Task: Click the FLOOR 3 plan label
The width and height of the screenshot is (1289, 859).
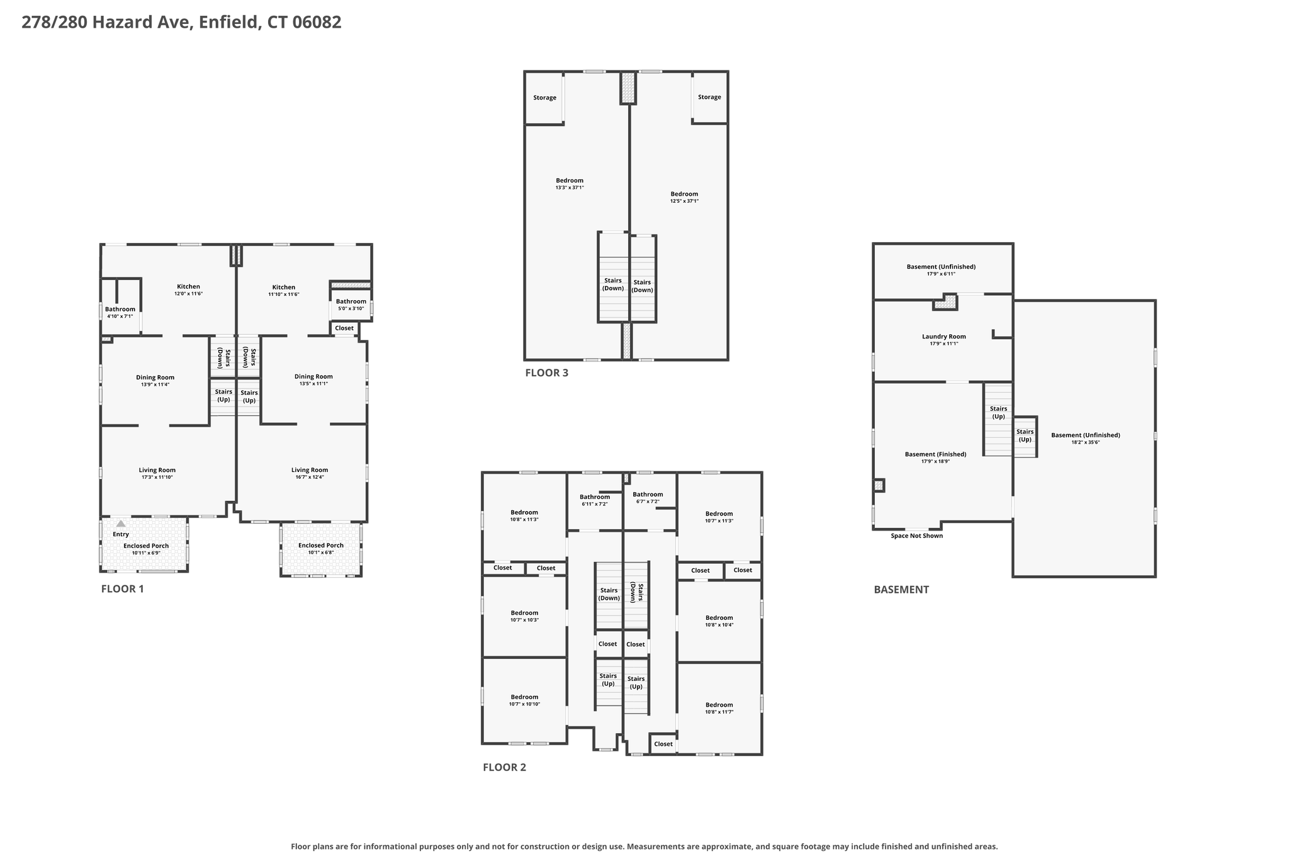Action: [x=546, y=373]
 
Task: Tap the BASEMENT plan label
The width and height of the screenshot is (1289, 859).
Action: [x=901, y=590]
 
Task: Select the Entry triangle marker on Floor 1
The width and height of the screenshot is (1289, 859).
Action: [x=121, y=523]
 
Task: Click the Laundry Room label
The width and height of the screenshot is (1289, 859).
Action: [x=943, y=337]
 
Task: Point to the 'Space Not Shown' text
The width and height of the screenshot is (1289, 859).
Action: [x=916, y=536]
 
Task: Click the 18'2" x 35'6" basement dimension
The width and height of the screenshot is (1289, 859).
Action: [x=1085, y=442]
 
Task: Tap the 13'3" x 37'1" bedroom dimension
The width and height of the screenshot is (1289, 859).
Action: [x=570, y=188]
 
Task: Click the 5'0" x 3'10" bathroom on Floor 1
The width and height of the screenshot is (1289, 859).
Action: [x=351, y=305]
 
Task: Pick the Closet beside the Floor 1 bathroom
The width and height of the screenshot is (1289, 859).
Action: [x=344, y=328]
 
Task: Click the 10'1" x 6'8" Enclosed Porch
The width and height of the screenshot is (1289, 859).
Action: [x=321, y=549]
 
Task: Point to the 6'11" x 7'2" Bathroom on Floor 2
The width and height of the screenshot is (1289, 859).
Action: [x=595, y=500]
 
